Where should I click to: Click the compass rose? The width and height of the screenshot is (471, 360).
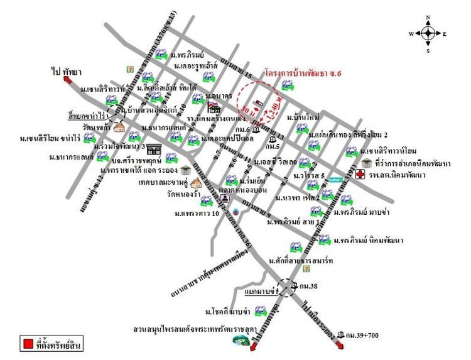[428, 33]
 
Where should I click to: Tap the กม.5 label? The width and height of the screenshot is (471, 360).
[273, 146]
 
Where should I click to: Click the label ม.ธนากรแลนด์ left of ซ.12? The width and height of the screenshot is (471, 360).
[70, 156]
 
